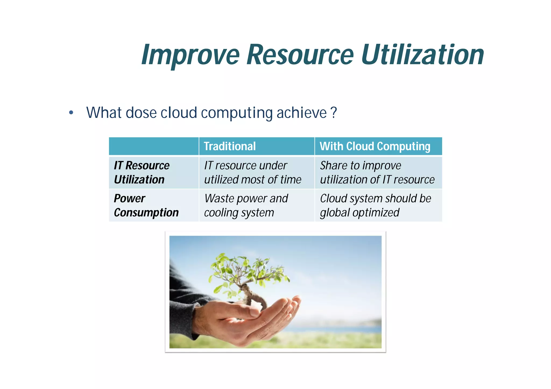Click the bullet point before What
[x=71, y=113]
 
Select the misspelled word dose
[x=141, y=113]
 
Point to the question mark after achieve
[x=334, y=113]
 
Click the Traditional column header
[x=229, y=146]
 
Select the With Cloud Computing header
[x=375, y=146]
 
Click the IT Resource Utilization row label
[x=142, y=172]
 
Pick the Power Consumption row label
[x=146, y=205]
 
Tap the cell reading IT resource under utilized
[x=252, y=172]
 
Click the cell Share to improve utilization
[x=377, y=172]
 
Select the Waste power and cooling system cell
[x=246, y=205]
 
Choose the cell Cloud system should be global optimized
[x=375, y=205]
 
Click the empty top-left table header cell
[x=154, y=146]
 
